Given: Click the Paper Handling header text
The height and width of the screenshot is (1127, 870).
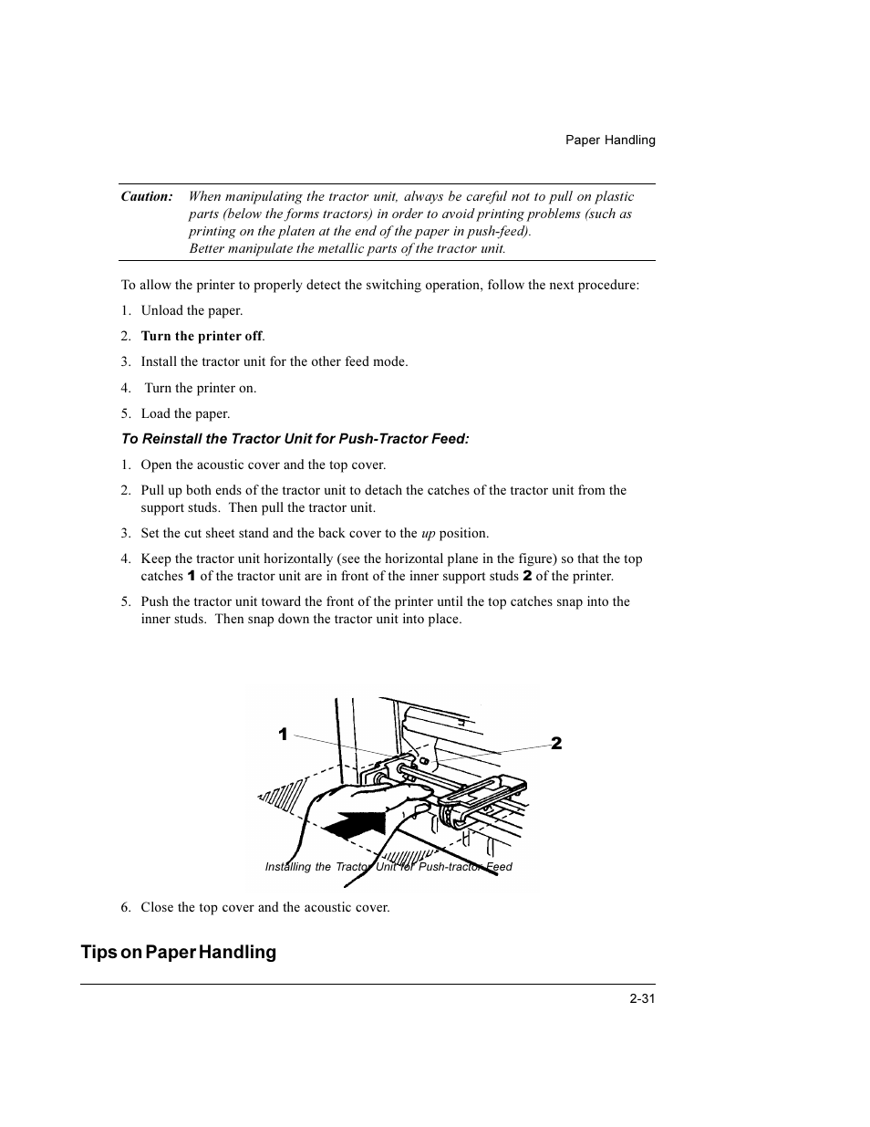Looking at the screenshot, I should (609, 141).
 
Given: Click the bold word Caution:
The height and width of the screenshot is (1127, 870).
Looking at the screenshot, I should (147, 196).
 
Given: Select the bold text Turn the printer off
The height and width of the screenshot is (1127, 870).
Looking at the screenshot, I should (202, 336).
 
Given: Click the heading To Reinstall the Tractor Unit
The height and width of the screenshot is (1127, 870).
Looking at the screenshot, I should (295, 439).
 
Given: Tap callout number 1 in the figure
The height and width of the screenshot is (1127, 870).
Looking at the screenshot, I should (283, 735).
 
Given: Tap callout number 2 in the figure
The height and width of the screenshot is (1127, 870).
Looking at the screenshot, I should (556, 744).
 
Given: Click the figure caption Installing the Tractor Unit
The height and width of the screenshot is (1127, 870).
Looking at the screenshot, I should (388, 867).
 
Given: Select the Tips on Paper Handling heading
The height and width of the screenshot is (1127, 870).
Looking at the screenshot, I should (179, 952).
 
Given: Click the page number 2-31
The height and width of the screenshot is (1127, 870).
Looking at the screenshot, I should (642, 999).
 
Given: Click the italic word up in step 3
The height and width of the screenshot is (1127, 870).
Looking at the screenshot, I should (428, 534).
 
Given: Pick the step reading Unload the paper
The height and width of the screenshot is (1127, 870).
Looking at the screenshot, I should (192, 310).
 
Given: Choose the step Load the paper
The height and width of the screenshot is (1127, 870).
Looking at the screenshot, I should (185, 413).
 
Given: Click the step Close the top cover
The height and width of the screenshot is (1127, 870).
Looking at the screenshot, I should (264, 907).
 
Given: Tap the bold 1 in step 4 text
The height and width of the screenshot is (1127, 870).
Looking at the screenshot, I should (192, 577).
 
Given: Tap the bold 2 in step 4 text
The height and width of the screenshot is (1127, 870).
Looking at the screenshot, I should (526, 577).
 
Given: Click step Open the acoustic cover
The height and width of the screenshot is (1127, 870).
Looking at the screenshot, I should (263, 464).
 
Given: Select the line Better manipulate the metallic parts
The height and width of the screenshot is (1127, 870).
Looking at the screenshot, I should (347, 248).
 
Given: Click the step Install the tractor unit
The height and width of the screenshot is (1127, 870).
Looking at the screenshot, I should (274, 361).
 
